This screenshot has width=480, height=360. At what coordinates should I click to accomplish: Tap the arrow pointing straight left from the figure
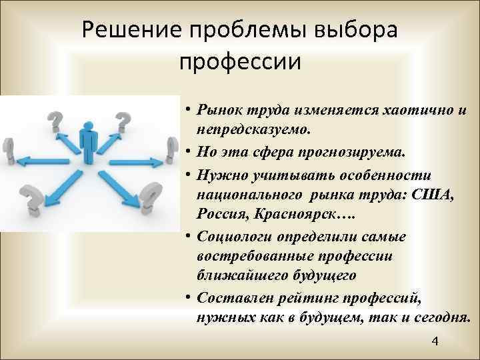pyautogui.click(x=44, y=160)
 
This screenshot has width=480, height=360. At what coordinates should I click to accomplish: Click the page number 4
pyautogui.click(x=435, y=342)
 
